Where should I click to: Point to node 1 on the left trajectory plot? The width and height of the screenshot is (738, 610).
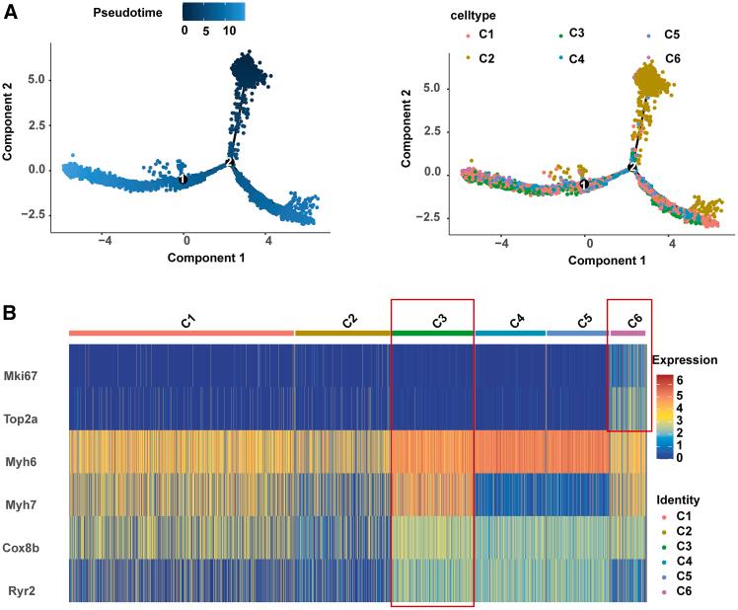184,179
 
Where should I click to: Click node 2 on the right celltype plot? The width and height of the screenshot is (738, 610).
631,167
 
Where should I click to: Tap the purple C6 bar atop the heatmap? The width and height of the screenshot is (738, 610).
627,333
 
